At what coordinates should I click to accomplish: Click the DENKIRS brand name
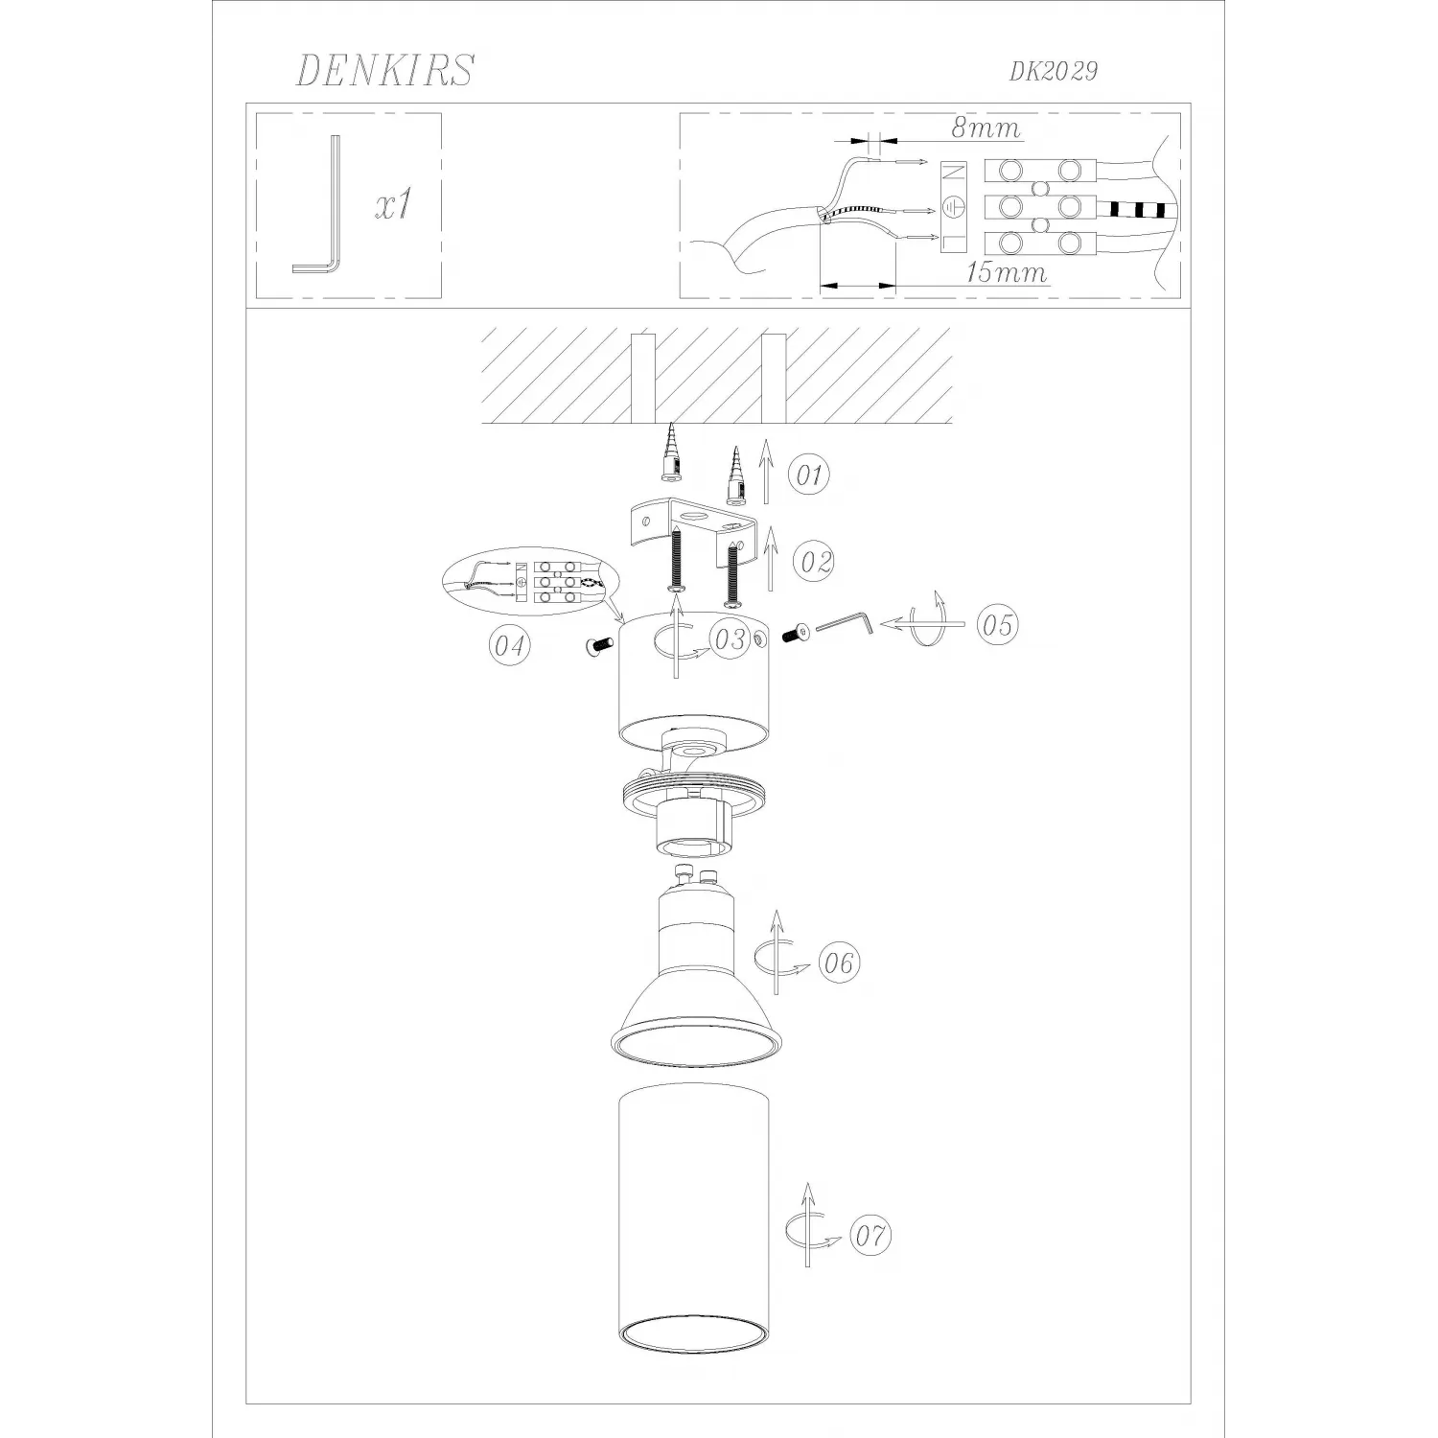tap(385, 70)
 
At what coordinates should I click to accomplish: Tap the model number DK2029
tap(1053, 71)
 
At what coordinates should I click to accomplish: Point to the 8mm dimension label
tap(986, 127)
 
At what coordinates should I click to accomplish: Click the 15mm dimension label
tap(1006, 272)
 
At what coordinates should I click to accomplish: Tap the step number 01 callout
tap(809, 475)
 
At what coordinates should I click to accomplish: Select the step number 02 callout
tap(815, 561)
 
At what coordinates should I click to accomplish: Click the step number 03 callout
tap(730, 639)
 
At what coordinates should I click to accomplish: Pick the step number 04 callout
tap(509, 646)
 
